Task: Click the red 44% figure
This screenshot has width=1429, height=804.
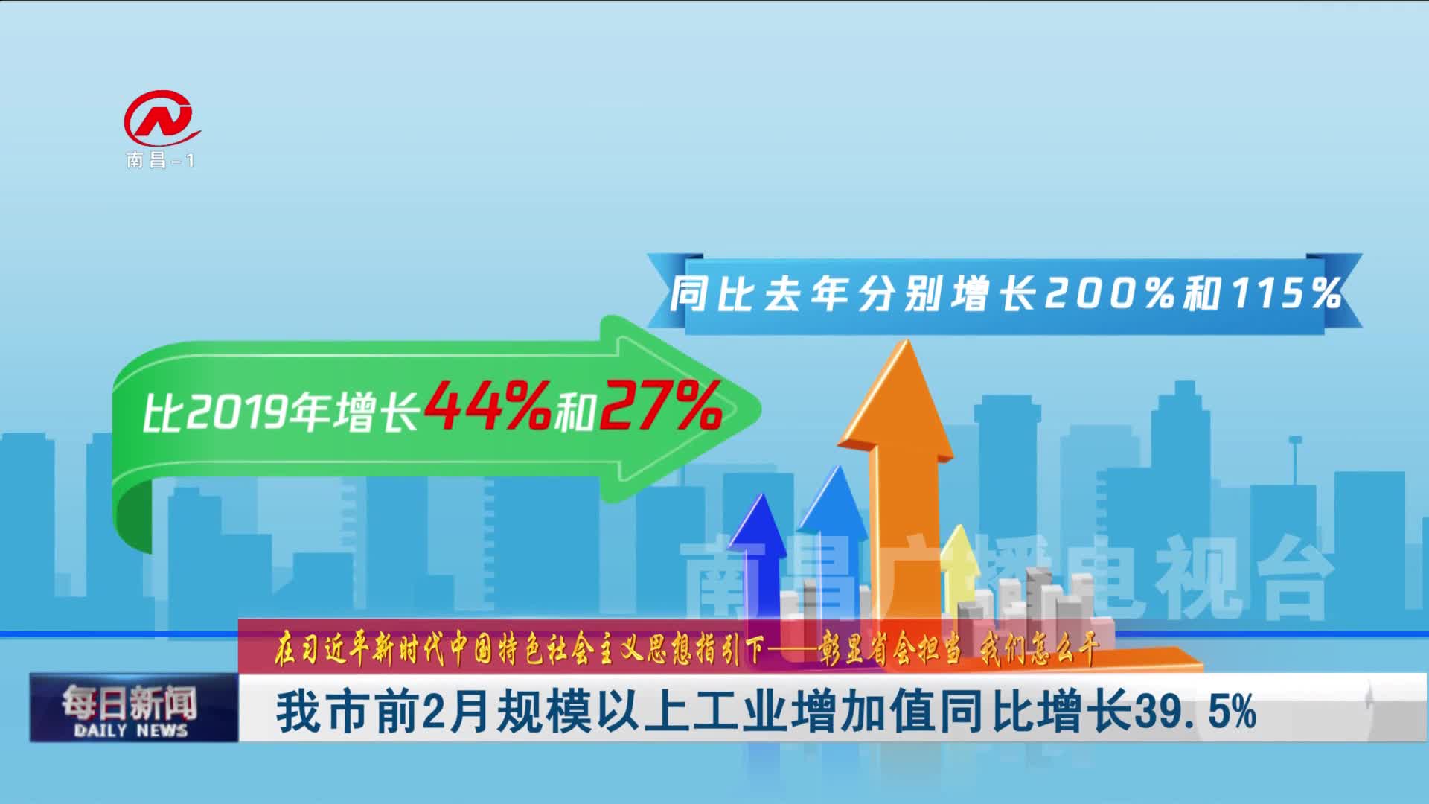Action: [487, 406]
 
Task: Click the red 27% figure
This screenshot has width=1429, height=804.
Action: [659, 406]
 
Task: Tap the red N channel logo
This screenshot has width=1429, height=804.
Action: [162, 118]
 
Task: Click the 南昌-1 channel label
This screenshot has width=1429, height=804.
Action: [160, 160]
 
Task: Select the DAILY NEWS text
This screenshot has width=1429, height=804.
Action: [131, 730]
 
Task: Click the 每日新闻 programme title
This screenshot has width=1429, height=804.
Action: [130, 702]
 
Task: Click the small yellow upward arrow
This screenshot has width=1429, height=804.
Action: [959, 555]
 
